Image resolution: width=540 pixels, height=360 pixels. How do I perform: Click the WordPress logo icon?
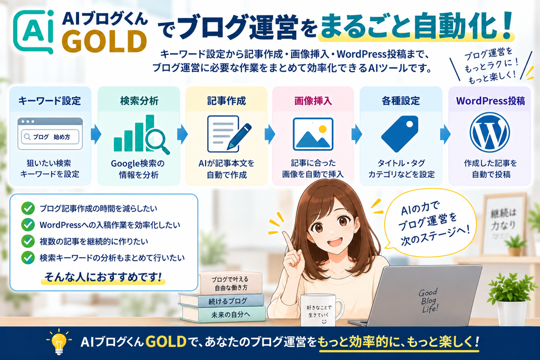(490, 132)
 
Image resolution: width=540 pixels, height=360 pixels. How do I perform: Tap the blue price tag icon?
(400, 133)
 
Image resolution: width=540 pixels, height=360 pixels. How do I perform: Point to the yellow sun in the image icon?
(322, 129)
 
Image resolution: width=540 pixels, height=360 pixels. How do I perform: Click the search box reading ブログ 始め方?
(50, 137)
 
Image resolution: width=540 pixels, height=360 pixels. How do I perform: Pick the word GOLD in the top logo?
(105, 41)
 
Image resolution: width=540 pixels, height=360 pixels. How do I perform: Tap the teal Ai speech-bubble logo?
(33, 32)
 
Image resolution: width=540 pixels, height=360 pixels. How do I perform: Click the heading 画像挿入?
(313, 101)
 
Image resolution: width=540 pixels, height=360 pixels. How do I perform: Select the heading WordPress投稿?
(490, 101)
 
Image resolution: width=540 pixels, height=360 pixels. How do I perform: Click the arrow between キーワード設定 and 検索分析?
(96, 134)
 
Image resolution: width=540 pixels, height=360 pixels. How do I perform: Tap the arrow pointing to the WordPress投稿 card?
(445, 134)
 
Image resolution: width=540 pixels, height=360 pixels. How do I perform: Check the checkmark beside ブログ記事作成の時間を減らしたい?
(28, 208)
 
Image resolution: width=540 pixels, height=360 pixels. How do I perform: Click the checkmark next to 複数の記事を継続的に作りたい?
(28, 241)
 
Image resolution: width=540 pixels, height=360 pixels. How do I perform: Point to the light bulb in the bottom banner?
(59, 342)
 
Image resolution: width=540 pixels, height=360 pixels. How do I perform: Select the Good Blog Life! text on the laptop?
(429, 301)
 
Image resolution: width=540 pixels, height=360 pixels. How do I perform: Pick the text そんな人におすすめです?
(103, 277)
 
